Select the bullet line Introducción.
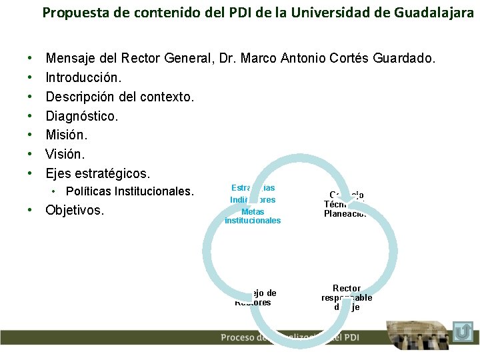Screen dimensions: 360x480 coord(83,78)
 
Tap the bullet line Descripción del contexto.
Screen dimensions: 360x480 coord(120,97)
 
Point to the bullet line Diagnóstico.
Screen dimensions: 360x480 coord(81,116)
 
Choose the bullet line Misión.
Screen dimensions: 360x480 coord(66,135)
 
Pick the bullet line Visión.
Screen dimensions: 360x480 coord(65,154)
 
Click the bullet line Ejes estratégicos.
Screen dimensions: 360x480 coord(97,173)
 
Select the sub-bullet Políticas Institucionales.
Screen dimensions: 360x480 coord(129,192)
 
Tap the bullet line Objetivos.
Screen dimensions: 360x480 coord(75,211)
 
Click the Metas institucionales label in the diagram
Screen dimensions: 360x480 coord(253,216)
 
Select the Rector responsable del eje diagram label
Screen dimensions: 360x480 coord(347,297)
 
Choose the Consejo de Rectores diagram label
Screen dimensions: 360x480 coord(255,297)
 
